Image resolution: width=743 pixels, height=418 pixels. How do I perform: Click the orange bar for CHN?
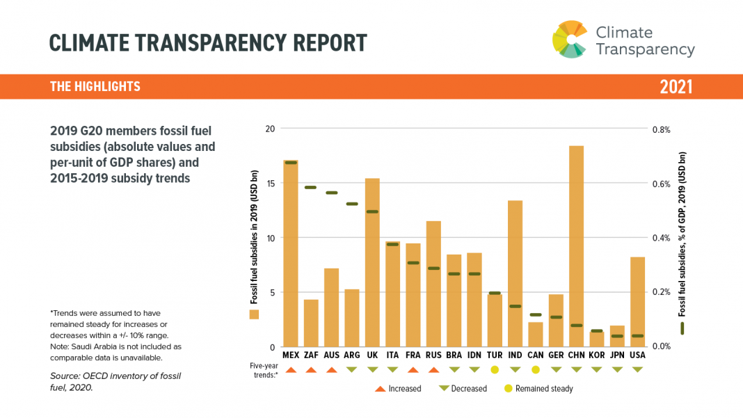576,246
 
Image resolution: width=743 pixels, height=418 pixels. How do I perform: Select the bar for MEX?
291,254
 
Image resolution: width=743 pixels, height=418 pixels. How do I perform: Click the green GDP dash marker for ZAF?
311,187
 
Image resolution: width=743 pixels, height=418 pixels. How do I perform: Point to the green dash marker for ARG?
352,204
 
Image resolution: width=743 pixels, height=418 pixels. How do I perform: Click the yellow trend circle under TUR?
495,369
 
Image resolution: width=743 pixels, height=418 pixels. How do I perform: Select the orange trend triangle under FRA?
413,369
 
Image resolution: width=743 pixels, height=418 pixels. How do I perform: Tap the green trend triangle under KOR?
596,369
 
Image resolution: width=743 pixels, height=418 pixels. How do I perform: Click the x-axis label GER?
556,355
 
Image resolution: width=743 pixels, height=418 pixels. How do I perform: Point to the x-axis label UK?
372,355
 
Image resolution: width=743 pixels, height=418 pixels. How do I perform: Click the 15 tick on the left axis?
271,184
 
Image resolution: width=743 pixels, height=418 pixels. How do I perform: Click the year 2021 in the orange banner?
676,87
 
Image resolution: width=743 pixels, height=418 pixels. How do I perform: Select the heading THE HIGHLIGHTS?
95,87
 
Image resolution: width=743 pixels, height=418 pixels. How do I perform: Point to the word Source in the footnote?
65,376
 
